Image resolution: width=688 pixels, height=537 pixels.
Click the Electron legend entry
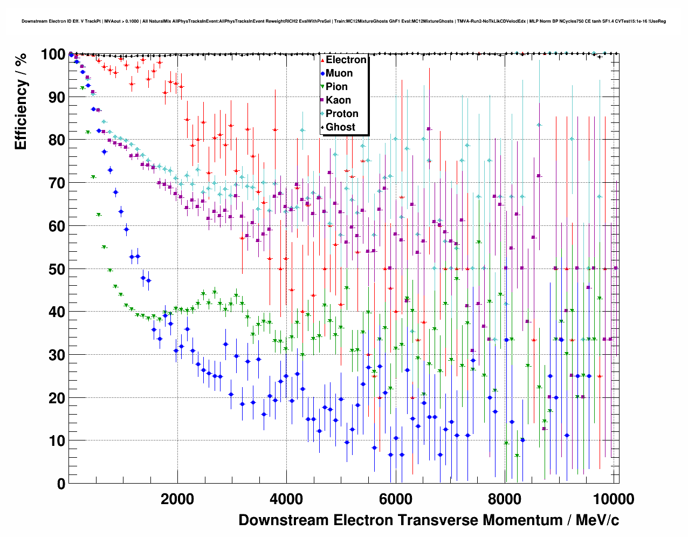pos(346,60)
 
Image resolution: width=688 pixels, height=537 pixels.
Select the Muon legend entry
pos(339,73)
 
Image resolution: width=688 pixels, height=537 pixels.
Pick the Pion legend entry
pos(336,87)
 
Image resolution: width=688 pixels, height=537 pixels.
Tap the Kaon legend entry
pos(338,100)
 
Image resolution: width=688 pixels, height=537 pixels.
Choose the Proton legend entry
pos(342,114)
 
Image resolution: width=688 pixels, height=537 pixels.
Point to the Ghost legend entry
pos(340,127)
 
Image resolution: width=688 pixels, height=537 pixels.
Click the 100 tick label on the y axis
pos(53,54)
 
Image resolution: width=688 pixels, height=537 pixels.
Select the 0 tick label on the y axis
pos(61,484)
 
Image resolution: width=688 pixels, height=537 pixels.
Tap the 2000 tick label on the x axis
pos(177,499)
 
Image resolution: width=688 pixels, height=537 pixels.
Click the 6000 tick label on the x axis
pos(395,499)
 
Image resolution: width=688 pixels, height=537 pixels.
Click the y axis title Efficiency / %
pos(21,101)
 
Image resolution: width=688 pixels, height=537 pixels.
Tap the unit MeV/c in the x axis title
pos(597,520)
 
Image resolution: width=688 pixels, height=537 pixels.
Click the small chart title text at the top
pos(343,22)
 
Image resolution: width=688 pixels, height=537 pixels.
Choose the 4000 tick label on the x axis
pos(286,499)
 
